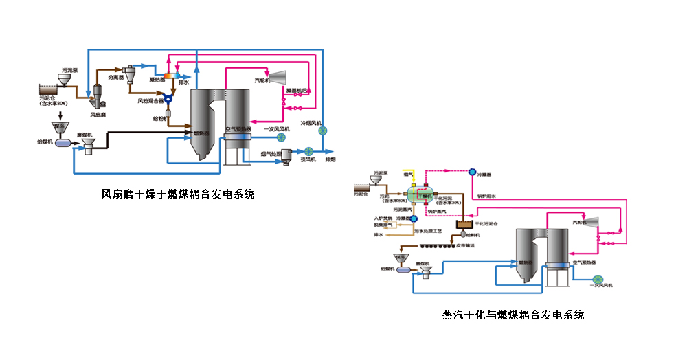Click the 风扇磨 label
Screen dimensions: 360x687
pos(97,114)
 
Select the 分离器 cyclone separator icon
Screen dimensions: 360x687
pos(128,71)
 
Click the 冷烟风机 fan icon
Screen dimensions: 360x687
pos(323,131)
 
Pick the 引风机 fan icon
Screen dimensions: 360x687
pos(308,151)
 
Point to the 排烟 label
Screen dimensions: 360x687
pos(331,160)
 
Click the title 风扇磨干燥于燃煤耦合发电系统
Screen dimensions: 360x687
pos(178,194)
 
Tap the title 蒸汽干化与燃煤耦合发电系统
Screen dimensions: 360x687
pos(513,315)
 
